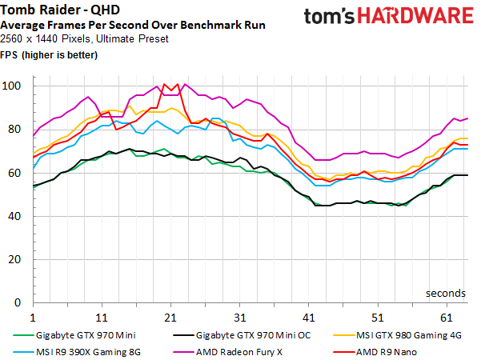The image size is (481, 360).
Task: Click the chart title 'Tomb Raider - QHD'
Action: (x=60, y=10)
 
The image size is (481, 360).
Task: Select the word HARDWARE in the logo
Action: (x=415, y=16)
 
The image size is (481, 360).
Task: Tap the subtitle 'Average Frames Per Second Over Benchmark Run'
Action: (x=133, y=25)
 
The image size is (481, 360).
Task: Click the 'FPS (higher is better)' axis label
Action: (x=49, y=55)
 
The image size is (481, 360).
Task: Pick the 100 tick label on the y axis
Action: (x=11, y=86)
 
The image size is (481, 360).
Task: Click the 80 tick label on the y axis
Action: (x=14, y=129)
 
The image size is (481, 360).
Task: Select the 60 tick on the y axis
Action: (x=14, y=173)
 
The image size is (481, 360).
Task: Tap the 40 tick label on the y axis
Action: (x=14, y=216)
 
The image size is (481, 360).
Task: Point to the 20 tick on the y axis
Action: (x=14, y=259)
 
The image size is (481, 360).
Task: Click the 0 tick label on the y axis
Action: (x=18, y=302)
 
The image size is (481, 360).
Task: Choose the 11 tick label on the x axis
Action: (x=102, y=318)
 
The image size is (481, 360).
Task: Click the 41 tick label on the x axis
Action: (x=309, y=318)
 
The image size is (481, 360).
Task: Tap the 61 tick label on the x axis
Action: (x=447, y=318)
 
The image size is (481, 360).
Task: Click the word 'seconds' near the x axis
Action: (x=446, y=294)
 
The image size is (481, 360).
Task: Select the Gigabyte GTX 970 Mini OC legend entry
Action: (x=242, y=335)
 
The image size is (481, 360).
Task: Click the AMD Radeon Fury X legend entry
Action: (x=227, y=352)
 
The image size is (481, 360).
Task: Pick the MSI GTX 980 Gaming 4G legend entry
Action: (x=397, y=335)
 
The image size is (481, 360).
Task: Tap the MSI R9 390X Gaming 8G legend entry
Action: (x=77, y=352)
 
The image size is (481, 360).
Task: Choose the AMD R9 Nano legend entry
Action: (x=375, y=352)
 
